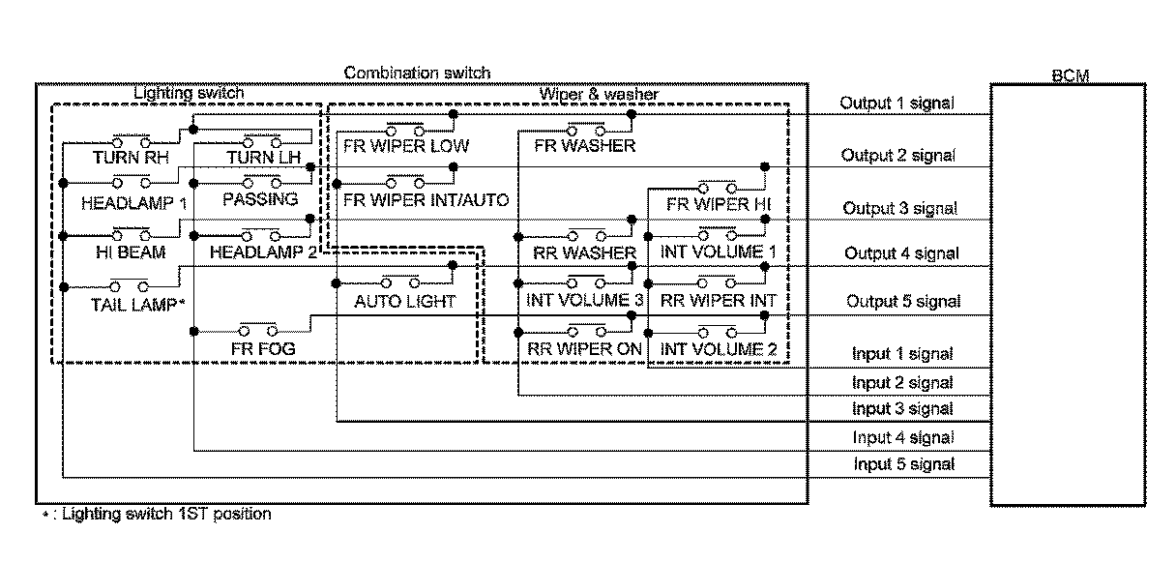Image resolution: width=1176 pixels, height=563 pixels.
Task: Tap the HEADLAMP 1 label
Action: click(133, 203)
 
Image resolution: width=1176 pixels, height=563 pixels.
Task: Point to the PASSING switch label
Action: click(259, 198)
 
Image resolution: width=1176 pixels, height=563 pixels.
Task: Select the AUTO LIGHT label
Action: click(404, 301)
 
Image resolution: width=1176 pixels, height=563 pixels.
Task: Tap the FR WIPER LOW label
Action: click(406, 147)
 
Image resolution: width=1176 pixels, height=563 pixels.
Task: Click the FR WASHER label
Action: click(584, 146)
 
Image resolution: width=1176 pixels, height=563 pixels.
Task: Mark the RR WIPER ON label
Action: click(584, 348)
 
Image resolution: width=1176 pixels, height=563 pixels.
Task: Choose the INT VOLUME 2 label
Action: click(719, 348)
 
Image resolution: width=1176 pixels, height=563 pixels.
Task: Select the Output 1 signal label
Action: click(895, 104)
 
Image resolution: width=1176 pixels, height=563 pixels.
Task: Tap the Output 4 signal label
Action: click(901, 253)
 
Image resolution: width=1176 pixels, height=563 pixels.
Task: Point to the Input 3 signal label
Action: click(902, 409)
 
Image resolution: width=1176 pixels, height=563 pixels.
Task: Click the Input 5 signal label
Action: click(903, 464)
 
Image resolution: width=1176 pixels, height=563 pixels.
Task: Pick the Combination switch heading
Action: click(417, 73)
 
